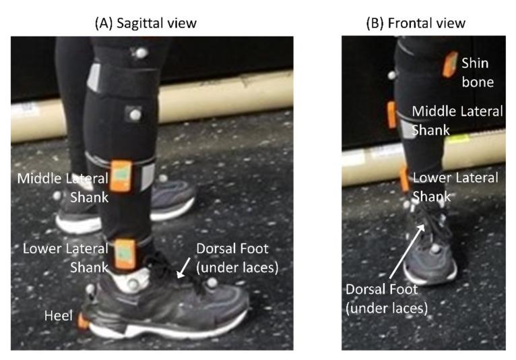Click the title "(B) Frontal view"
point(415,23)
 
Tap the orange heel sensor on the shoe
point(82,322)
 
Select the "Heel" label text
point(57,316)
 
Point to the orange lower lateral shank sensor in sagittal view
point(125,251)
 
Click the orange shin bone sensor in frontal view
point(449,63)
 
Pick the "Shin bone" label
point(478,72)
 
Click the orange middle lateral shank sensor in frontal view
point(391,115)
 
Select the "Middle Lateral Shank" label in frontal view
point(457,120)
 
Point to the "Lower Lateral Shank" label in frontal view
point(455,187)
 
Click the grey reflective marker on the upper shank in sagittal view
point(135,115)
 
